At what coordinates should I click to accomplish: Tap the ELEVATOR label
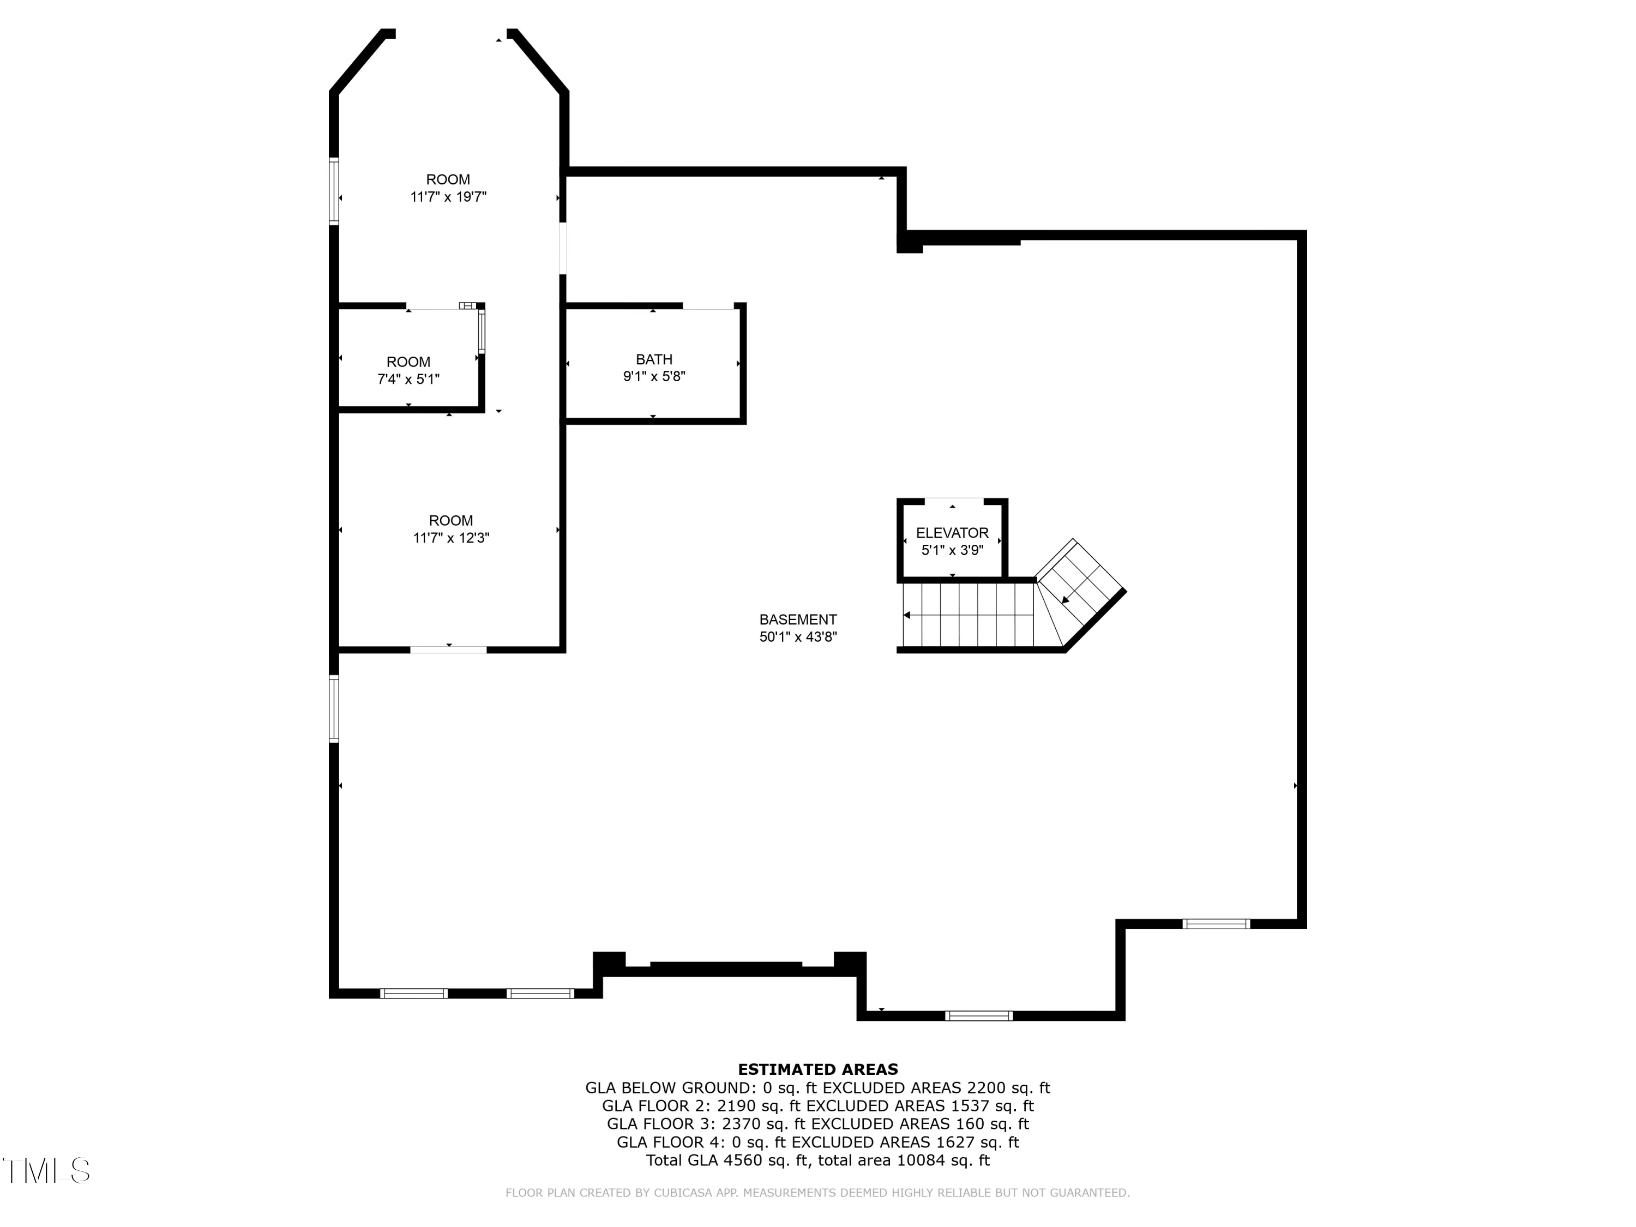coord(952,532)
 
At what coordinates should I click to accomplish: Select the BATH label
coord(654,359)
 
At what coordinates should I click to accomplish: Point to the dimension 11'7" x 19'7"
coord(448,197)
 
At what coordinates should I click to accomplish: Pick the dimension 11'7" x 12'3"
coord(451,538)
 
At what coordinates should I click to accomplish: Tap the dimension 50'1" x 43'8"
coord(797,637)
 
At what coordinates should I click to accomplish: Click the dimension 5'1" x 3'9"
coord(952,550)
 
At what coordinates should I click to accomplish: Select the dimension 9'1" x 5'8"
coord(654,376)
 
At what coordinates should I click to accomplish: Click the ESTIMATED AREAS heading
coord(817,1069)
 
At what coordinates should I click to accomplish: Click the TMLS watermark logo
coord(46,1171)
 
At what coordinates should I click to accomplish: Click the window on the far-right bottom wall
coord(1216,924)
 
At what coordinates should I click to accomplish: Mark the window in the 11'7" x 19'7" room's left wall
coord(334,191)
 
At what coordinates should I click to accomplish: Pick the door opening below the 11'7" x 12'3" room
coord(448,650)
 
